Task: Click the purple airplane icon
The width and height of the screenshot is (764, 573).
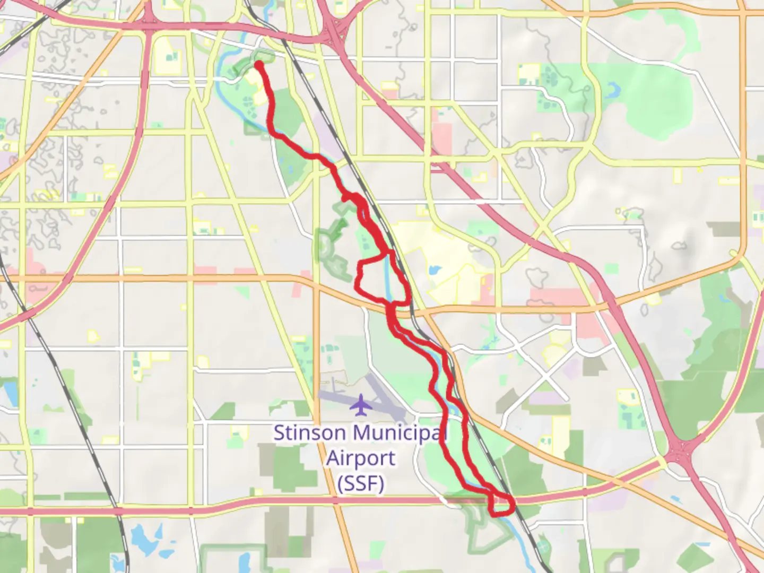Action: click(362, 405)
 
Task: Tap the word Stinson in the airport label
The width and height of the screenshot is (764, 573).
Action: click(309, 433)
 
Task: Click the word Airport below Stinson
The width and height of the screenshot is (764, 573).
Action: click(361, 458)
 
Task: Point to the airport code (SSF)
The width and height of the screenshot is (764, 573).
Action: click(361, 483)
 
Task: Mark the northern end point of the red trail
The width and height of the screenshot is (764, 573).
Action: click(259, 65)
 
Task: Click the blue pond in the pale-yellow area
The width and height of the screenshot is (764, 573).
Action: click(435, 270)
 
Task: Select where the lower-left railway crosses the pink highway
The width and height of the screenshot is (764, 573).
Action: click(118, 510)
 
